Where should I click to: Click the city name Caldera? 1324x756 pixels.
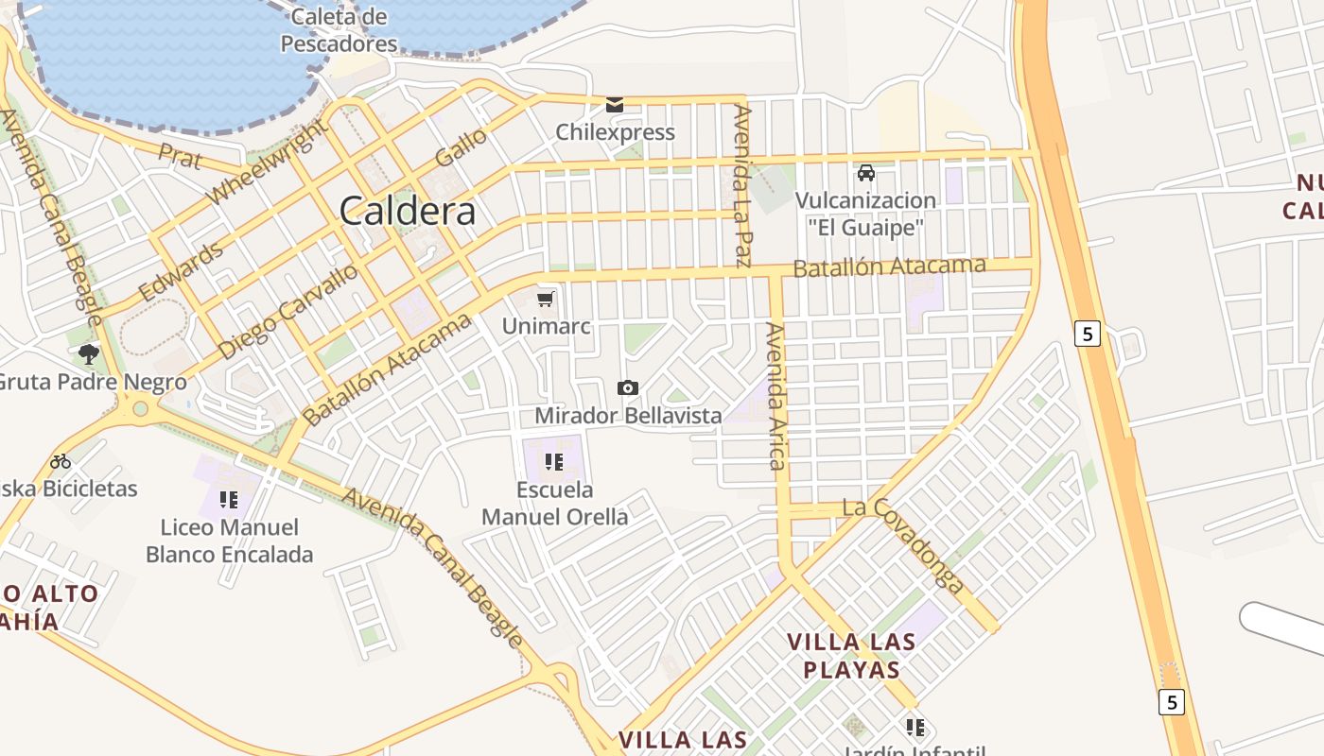coord(407,211)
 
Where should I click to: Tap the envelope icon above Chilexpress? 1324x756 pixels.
coord(615,104)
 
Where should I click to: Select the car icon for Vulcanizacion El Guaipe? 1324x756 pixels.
coord(865,173)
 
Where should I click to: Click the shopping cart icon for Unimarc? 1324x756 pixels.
coord(545,300)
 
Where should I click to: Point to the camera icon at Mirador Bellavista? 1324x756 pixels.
coord(627,387)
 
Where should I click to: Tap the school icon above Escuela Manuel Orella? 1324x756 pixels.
coord(554,462)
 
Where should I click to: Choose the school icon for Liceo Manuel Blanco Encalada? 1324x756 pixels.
coord(228,499)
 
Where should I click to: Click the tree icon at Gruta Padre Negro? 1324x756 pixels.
coord(89,354)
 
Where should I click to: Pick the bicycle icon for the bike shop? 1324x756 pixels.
coord(61,461)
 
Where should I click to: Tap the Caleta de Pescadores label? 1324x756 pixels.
coord(339,30)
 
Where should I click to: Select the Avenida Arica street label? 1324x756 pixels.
coord(776,396)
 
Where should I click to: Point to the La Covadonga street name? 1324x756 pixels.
coord(903,545)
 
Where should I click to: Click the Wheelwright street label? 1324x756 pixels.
coord(268,162)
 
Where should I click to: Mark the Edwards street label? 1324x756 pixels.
coord(182,271)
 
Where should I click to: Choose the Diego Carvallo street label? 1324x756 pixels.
coord(287,311)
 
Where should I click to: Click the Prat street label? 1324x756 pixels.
coord(180,157)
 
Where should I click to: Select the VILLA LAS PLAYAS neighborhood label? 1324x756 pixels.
coord(851,656)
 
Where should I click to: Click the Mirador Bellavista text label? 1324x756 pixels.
coord(628,416)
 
